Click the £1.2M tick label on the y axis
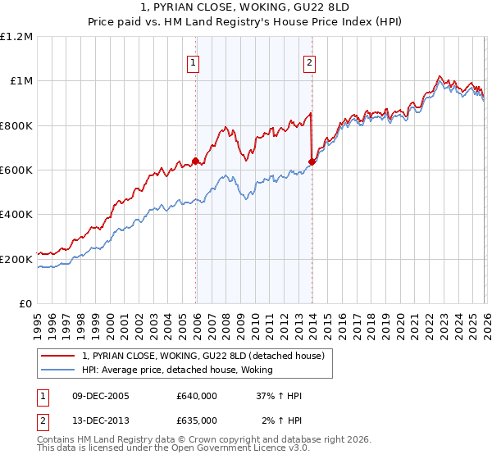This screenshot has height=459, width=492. click(16, 36)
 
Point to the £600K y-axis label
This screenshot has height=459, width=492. click(16, 170)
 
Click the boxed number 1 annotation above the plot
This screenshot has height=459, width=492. click(194, 62)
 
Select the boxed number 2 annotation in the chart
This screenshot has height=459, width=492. click(310, 62)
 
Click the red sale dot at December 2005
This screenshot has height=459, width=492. click(195, 161)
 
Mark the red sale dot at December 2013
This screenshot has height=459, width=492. click(312, 161)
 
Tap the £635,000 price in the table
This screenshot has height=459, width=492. click(197, 420)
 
